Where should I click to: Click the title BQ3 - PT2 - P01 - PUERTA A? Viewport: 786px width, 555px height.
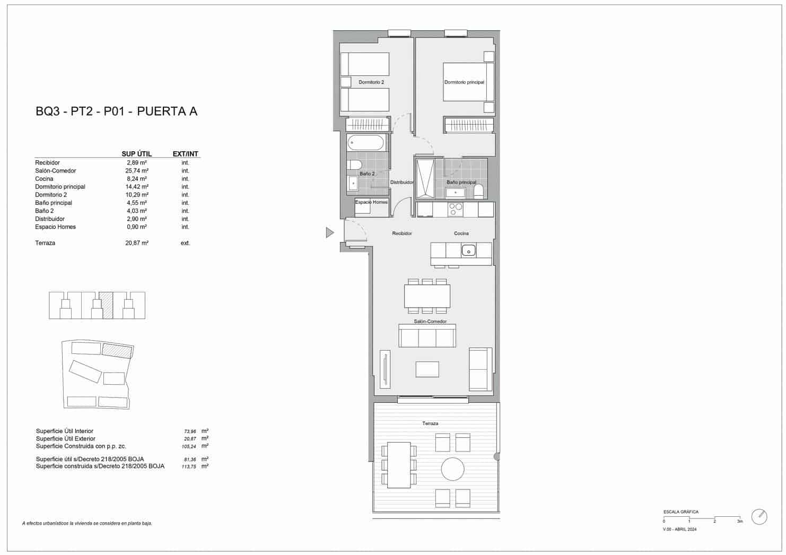[116, 111]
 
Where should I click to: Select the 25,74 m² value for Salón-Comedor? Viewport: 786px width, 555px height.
[137, 171]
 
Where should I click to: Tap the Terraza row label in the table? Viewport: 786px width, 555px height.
[45, 243]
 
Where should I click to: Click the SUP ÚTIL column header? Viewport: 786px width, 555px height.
[137, 154]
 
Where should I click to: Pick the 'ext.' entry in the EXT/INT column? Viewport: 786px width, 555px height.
[185, 243]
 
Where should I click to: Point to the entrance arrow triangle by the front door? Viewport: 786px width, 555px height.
[329, 232]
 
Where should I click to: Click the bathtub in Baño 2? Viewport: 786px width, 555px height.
[365, 143]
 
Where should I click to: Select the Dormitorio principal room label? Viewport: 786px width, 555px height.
[464, 82]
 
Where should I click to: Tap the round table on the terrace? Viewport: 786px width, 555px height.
[453, 470]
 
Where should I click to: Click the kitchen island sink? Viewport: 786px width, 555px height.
[468, 250]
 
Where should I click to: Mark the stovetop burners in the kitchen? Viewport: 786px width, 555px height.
[456, 210]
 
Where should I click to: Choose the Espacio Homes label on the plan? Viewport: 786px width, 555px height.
[371, 202]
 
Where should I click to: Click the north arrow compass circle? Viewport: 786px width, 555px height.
[759, 517]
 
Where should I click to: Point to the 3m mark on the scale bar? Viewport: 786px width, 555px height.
[740, 522]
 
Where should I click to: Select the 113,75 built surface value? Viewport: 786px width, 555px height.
[189, 467]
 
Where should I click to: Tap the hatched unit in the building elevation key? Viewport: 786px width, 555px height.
[107, 305]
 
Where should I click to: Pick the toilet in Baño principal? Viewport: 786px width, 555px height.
[478, 191]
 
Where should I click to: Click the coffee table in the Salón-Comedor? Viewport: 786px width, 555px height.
[427, 369]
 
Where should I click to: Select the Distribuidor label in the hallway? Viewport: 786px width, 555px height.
[401, 183]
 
